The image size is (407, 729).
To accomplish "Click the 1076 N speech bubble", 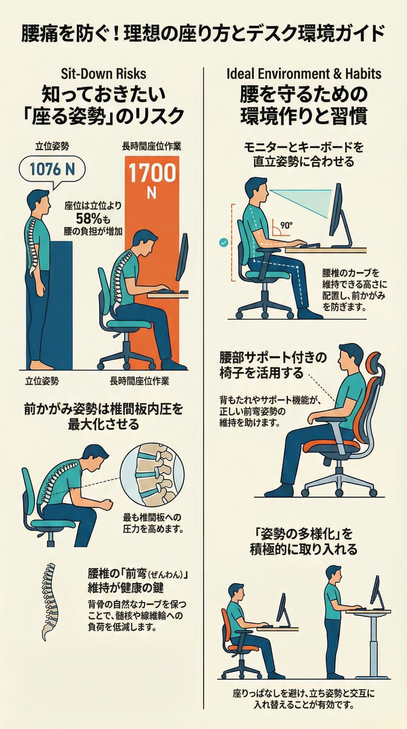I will [52, 169].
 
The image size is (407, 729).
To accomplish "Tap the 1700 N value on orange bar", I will [152, 178].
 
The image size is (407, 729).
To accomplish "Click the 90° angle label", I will [286, 225].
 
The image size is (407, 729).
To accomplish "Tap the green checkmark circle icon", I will [224, 243].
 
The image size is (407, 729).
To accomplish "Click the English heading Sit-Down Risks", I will [103, 74].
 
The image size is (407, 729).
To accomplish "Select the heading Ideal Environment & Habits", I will [304, 74].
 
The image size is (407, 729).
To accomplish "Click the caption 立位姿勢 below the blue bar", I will [42, 381].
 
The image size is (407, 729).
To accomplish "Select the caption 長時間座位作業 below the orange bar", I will [139, 381].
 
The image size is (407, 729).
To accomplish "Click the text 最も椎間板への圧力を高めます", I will [153, 523].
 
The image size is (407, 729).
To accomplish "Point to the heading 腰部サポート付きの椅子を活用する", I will [272, 365].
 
